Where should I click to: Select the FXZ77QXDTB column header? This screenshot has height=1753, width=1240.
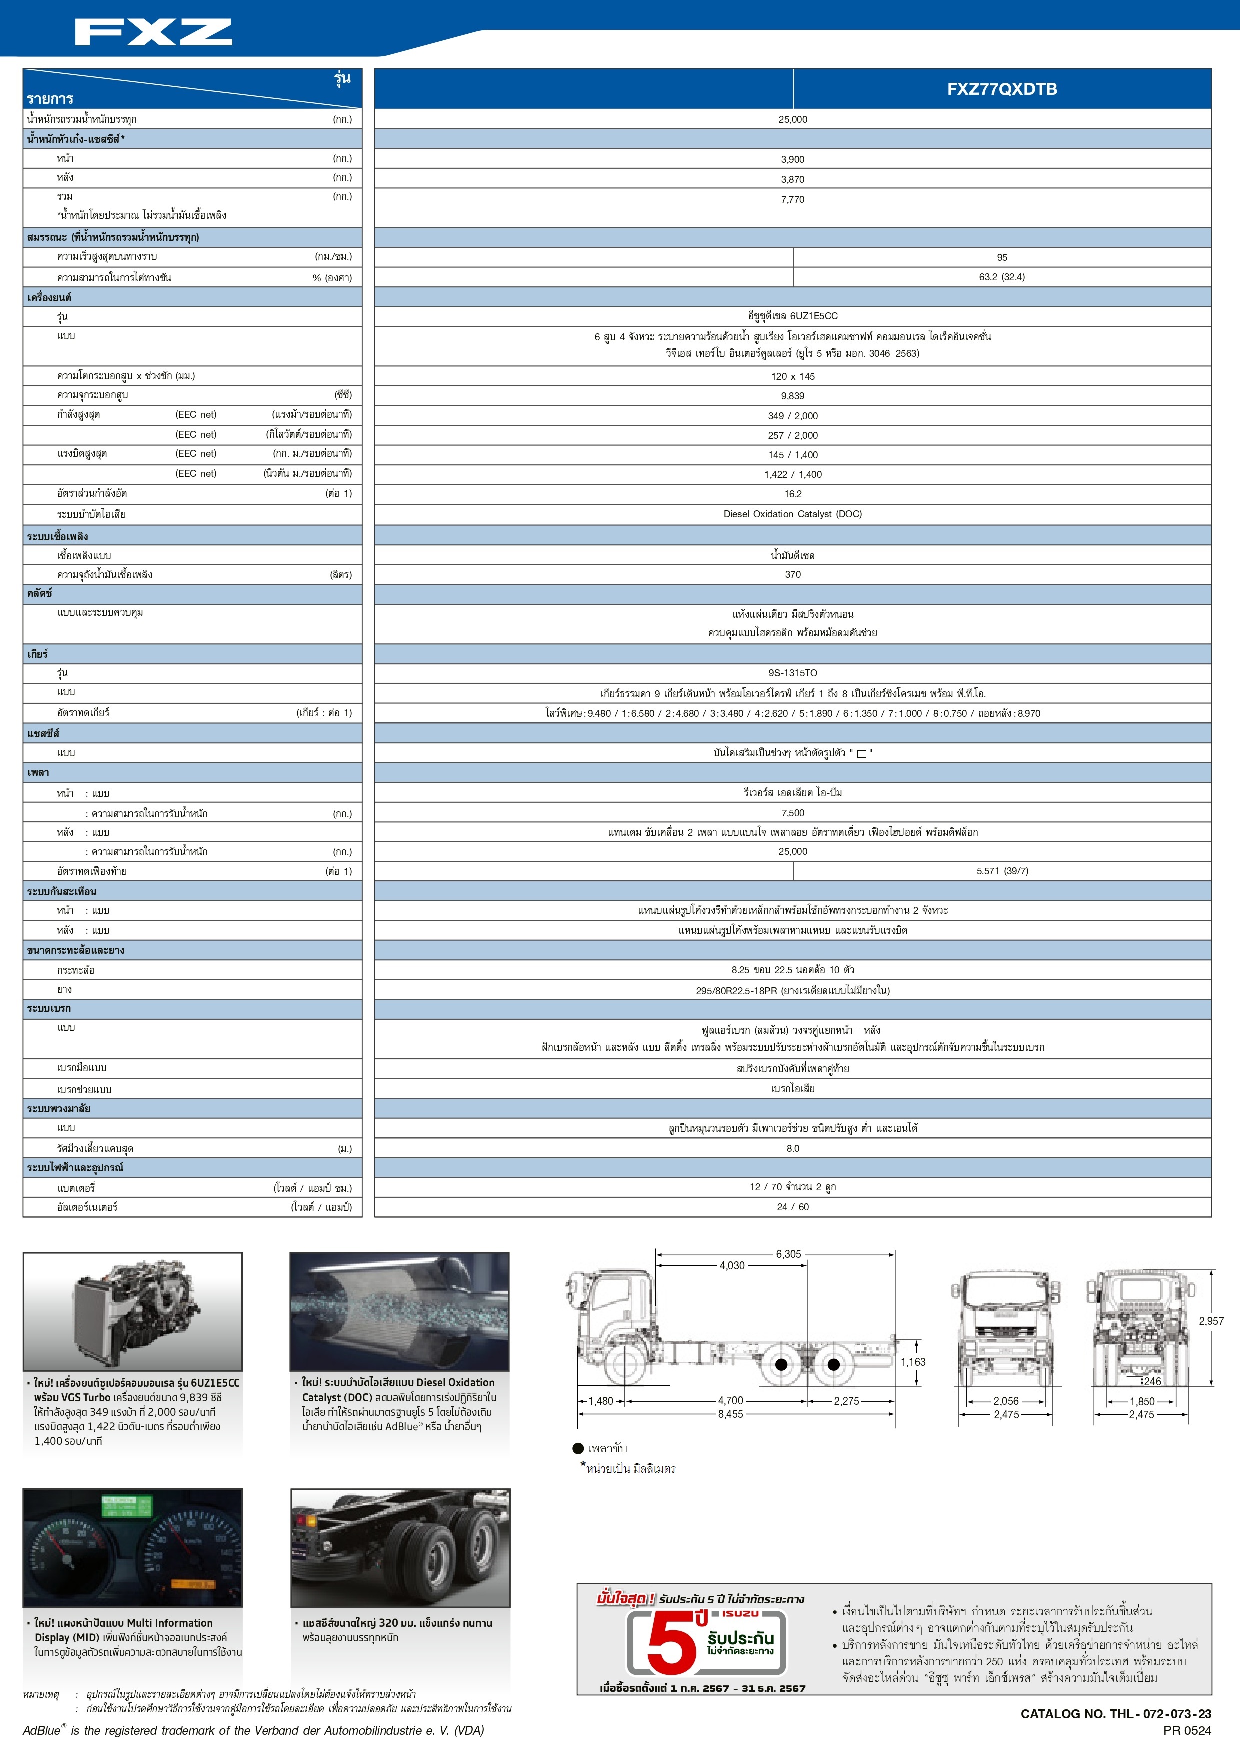pyautogui.click(x=1001, y=89)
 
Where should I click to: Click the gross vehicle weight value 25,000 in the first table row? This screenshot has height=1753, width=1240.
pyautogui.click(x=793, y=120)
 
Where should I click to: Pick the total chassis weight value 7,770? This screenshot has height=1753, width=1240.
pyautogui.click(x=793, y=199)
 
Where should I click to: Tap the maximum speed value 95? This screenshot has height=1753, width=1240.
pyautogui.click(x=1002, y=258)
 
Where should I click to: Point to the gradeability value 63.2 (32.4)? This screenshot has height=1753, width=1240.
pyautogui.click(x=1002, y=277)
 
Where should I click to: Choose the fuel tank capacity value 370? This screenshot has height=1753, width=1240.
pyautogui.click(x=793, y=574)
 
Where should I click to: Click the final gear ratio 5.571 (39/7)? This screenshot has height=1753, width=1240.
pyautogui.click(x=1002, y=871)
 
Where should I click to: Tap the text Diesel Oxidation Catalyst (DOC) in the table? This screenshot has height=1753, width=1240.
pyautogui.click(x=793, y=514)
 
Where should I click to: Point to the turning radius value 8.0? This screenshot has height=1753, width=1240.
pyautogui.click(x=793, y=1148)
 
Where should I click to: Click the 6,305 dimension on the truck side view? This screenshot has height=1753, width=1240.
pyautogui.click(x=788, y=1254)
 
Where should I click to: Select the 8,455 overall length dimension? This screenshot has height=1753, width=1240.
pyautogui.click(x=730, y=1414)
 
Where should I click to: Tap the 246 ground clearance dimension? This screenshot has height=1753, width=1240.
pyautogui.click(x=1152, y=1381)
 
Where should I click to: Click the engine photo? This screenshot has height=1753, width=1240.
pyautogui.click(x=133, y=1312)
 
